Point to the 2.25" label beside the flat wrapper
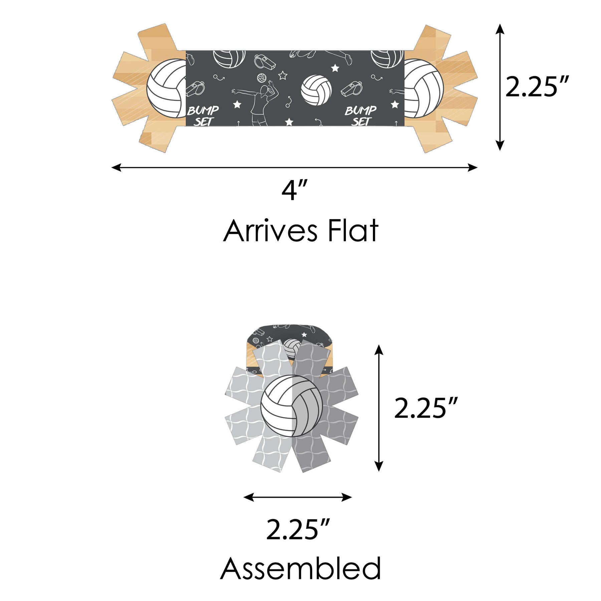(x=537, y=87)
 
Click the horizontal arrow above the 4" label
(x=294, y=167)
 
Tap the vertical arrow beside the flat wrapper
(x=499, y=87)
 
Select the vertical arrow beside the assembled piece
(x=379, y=408)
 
